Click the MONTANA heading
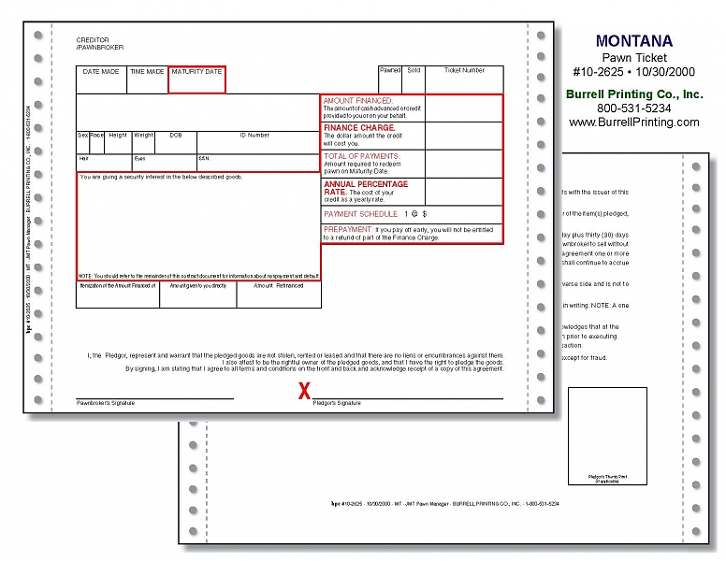(x=633, y=41)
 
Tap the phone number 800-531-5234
(x=633, y=108)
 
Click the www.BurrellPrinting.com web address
(x=633, y=122)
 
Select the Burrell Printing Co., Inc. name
(x=633, y=94)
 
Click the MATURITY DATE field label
(x=196, y=72)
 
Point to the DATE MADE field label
(x=101, y=72)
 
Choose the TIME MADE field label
(x=147, y=72)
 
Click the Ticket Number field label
(x=464, y=70)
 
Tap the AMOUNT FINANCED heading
(x=357, y=100)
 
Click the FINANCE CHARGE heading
(x=359, y=127)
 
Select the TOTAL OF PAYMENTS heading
(x=361, y=156)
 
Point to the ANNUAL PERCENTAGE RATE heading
(x=366, y=188)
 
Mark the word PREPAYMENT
(x=347, y=229)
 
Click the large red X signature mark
(x=304, y=391)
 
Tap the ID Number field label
(x=254, y=136)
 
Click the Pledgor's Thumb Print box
(x=607, y=434)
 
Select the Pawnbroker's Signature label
(x=106, y=403)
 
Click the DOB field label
(x=175, y=136)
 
